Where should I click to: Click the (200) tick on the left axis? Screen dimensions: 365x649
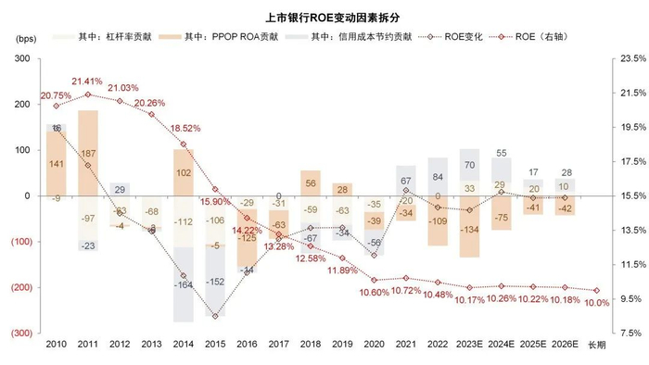point(20,287)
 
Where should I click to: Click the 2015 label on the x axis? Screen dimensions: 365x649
point(216,344)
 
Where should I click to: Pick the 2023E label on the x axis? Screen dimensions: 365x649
point(469,344)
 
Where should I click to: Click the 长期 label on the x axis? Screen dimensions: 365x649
point(596,344)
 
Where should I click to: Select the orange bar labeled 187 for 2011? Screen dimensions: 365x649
point(88,153)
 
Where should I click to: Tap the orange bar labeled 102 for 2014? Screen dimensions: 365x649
point(184,172)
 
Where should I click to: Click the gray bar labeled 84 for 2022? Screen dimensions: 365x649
point(438,177)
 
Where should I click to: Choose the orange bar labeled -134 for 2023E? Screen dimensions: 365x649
point(469,227)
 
